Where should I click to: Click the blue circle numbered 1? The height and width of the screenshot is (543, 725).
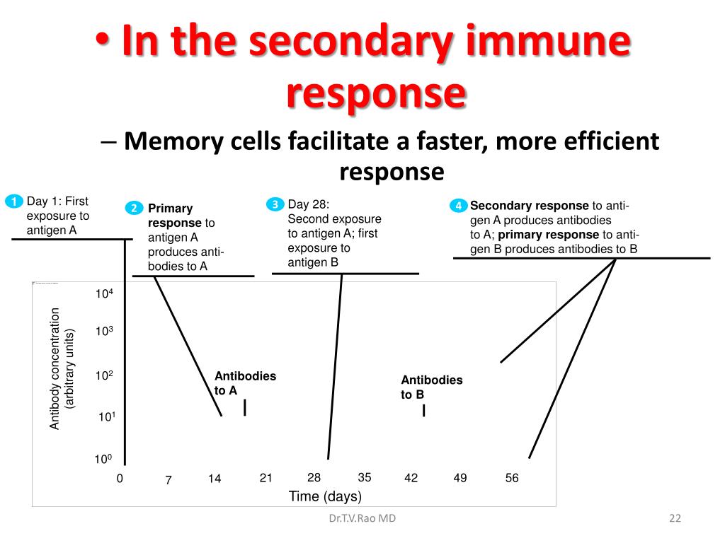13,202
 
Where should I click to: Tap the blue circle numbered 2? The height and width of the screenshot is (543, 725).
134,208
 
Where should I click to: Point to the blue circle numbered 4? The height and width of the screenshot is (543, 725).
459,206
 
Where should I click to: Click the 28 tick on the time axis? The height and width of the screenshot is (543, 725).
314,477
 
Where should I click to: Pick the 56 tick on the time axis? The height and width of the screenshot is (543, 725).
512,478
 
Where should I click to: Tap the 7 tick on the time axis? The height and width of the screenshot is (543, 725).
169,480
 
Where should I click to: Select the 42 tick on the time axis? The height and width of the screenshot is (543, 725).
411,478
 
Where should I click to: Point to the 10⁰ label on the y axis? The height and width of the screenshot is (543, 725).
104,460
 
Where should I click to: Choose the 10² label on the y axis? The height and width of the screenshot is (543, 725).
104,375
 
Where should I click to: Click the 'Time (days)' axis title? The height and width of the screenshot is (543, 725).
325,496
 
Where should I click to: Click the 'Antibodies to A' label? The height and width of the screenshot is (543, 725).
245,383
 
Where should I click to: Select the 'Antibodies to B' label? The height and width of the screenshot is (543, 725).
431,387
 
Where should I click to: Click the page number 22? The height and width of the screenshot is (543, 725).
675,518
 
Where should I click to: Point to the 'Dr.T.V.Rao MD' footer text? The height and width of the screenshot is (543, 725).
362,518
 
